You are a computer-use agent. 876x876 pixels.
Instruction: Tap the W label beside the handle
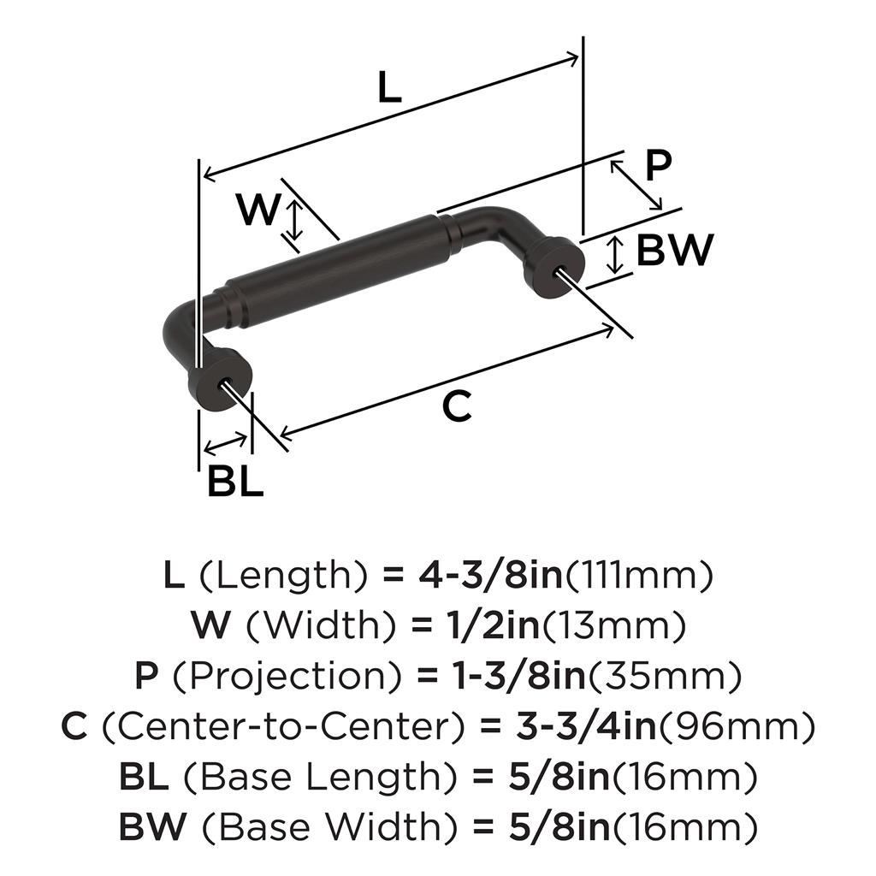(x=257, y=209)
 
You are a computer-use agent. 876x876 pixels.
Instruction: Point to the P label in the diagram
(x=658, y=166)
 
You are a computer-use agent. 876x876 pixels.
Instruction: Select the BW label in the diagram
(x=675, y=250)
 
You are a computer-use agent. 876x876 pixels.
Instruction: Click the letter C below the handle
(x=457, y=406)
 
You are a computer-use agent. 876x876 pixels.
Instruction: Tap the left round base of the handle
(x=221, y=380)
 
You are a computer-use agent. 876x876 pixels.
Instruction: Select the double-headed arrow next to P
(x=636, y=185)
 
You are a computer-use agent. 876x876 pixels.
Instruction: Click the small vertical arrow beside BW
(x=615, y=255)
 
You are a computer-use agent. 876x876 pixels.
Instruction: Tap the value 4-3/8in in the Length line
(x=491, y=576)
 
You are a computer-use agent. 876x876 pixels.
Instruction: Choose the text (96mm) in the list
(x=737, y=726)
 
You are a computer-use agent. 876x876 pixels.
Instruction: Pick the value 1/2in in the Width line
(x=494, y=625)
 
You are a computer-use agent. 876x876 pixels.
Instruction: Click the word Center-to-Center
(x=283, y=726)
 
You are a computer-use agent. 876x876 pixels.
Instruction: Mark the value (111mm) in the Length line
(x=639, y=576)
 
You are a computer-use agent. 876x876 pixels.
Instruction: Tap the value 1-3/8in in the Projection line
(x=518, y=676)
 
